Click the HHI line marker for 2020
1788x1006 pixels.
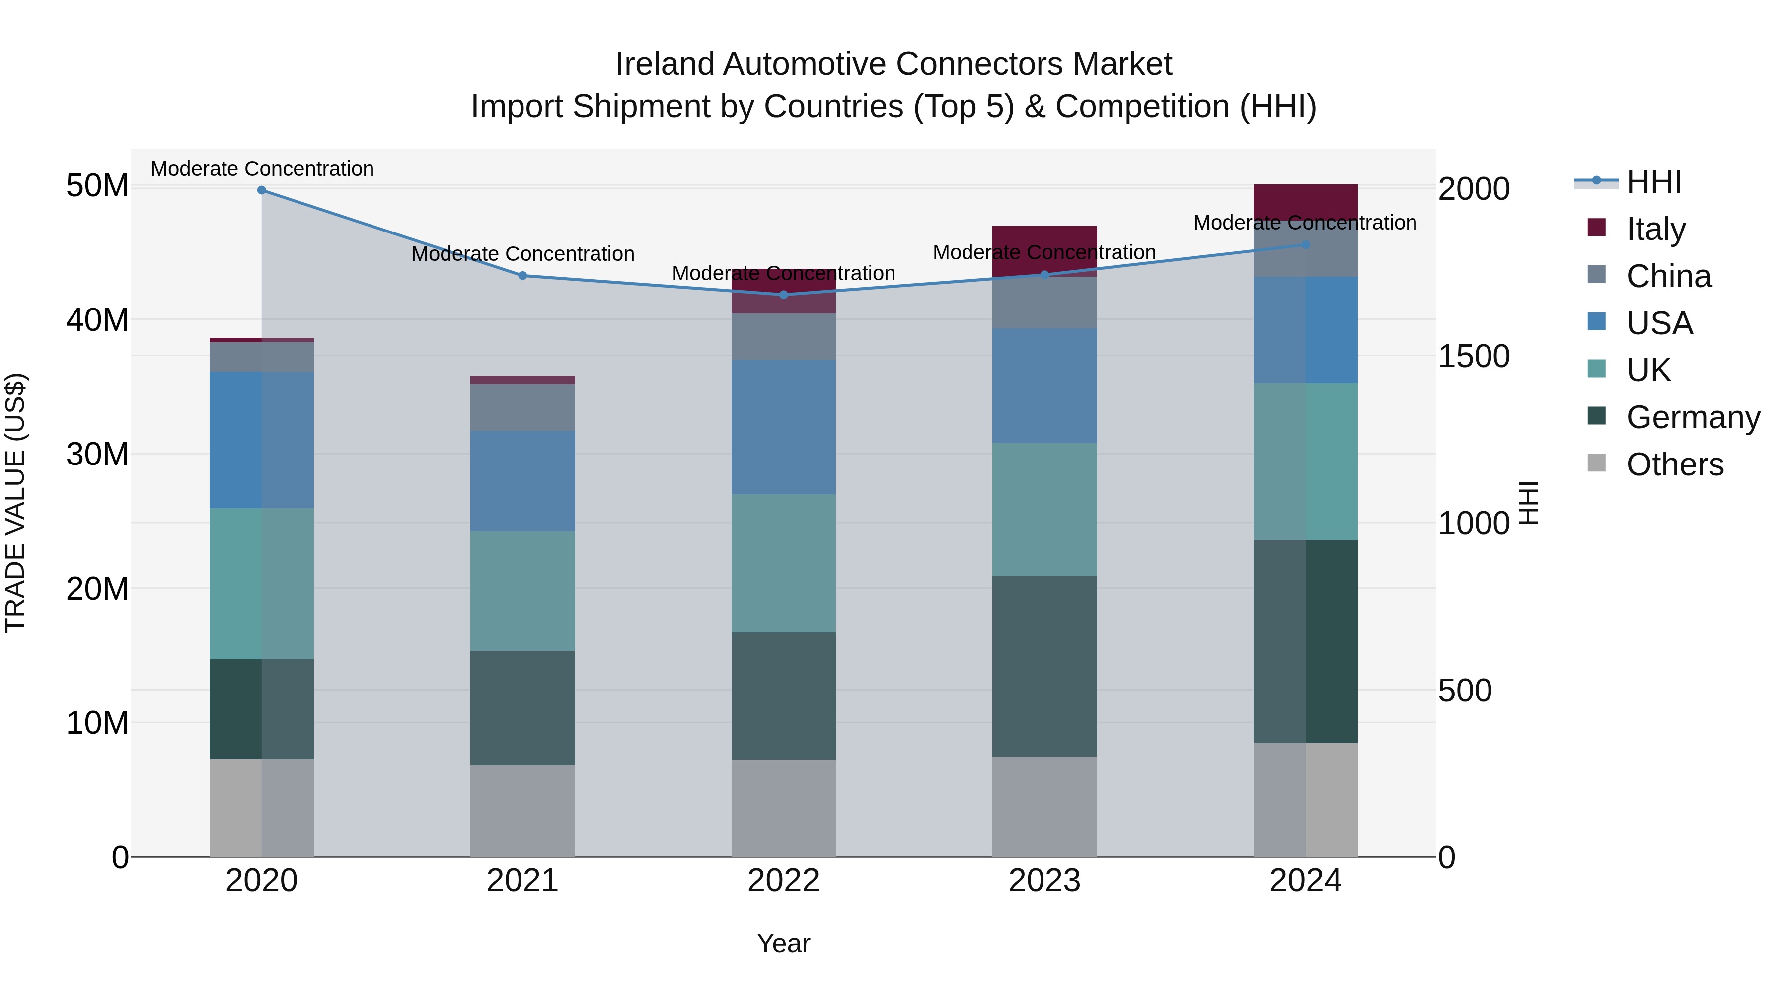pos(262,190)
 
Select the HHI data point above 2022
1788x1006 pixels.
pos(784,295)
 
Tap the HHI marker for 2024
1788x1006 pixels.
pos(1306,245)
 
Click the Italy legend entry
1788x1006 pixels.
pos(1655,229)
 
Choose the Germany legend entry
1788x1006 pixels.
pos(1692,417)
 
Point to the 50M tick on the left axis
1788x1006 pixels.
pos(97,186)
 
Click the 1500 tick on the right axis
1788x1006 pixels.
pos(1473,357)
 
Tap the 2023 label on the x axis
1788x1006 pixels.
pos(1044,881)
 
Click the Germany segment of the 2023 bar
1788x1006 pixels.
pos(1044,667)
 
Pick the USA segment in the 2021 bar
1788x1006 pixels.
pos(522,480)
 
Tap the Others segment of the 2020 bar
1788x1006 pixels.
pos(262,808)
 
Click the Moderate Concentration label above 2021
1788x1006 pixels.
pos(522,254)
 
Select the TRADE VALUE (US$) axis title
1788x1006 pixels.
pos(16,503)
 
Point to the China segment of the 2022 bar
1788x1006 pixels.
pos(784,337)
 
